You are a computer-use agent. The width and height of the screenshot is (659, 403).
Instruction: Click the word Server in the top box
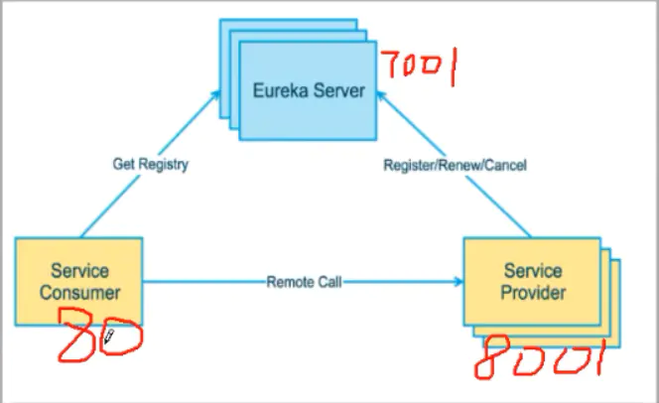pyautogui.click(x=339, y=90)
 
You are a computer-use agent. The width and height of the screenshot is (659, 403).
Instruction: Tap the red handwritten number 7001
pyautogui.click(x=419, y=67)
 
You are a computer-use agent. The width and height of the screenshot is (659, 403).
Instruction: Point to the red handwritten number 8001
pyautogui.click(x=541, y=357)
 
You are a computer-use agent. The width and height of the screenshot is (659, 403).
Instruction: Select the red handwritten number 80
pyautogui.click(x=100, y=335)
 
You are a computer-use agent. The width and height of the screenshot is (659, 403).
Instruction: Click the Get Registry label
pyautogui.click(x=151, y=164)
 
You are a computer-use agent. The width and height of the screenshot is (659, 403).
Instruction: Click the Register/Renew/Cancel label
pyautogui.click(x=456, y=165)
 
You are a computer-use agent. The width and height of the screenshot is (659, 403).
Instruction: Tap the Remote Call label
pyautogui.click(x=305, y=282)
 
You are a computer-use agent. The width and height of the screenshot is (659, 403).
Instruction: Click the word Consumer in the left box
pyautogui.click(x=79, y=293)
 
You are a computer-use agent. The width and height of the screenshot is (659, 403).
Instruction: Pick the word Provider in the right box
pyautogui.click(x=533, y=293)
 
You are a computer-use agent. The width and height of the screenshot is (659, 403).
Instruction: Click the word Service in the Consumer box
pyautogui.click(x=79, y=271)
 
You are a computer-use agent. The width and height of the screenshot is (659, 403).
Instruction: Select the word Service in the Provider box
pyautogui.click(x=533, y=271)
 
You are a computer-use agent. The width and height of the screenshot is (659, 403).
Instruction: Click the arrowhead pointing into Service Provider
pyautogui.click(x=459, y=282)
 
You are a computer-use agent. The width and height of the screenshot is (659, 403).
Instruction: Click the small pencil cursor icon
pyautogui.click(x=108, y=336)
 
